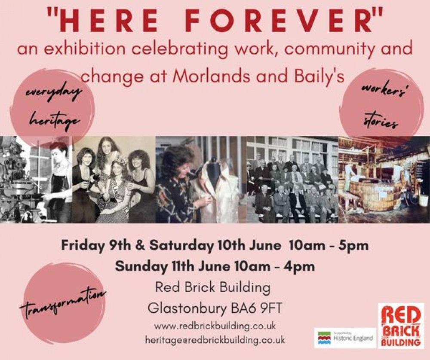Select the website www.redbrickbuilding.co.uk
(215, 326)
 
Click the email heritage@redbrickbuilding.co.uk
(215, 340)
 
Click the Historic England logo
(345, 338)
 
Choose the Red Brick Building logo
(401, 326)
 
